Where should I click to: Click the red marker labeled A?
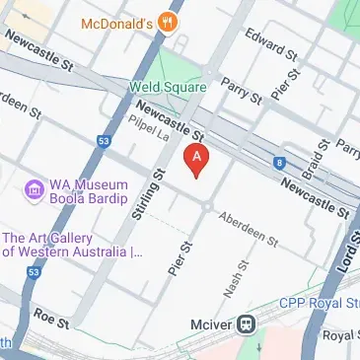[x=197, y=159]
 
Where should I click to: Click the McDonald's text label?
[x=123, y=22]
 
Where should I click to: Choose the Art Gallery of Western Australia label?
[x=71, y=245]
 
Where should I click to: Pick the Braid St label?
[x=316, y=159]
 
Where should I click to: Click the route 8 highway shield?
[x=280, y=162]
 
